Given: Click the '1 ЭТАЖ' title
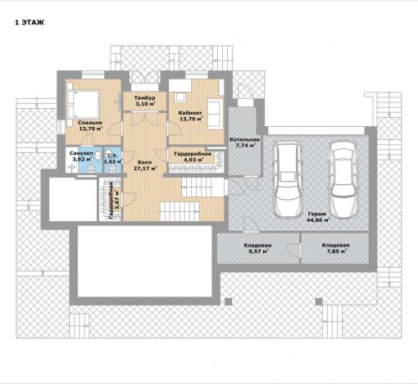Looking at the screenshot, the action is [30, 23].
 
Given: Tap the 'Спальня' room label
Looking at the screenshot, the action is [89, 123].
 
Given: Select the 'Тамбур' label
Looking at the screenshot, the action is [145, 97].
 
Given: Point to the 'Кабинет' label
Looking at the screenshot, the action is [190, 113].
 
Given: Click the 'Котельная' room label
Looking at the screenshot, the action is [244, 139].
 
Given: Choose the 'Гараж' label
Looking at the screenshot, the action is [317, 214].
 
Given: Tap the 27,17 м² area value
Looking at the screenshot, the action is [145, 169].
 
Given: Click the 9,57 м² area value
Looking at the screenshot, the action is [258, 251].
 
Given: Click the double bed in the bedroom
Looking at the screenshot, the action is [83, 104].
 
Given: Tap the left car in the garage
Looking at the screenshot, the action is [288, 179].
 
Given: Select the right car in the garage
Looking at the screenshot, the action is [343, 179].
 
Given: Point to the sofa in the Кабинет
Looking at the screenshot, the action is [215, 114].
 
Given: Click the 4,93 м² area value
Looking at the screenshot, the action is [193, 160].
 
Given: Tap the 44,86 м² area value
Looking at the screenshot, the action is [318, 220].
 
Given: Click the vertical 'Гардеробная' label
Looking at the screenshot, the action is [111, 201].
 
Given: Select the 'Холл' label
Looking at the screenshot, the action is [144, 162].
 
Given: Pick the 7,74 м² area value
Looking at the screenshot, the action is [245, 146].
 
